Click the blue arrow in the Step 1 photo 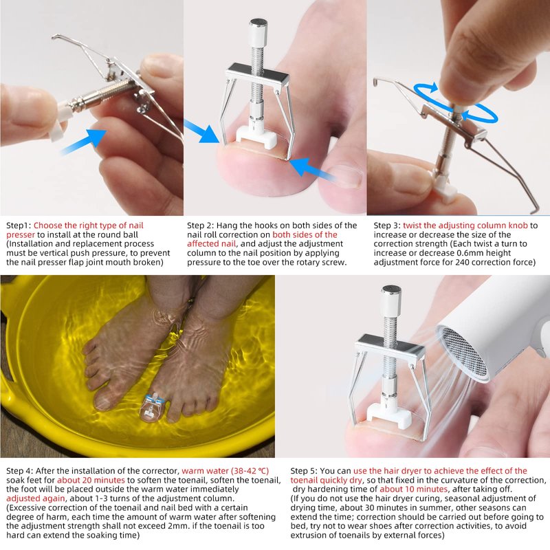[x=84, y=141]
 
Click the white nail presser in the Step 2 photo [x=256, y=135]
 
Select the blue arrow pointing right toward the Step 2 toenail [x=201, y=131]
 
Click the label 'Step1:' [x=19, y=225]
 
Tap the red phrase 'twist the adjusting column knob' [x=465, y=225]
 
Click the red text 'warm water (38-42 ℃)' [x=225, y=471]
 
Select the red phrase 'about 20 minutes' [x=91, y=480]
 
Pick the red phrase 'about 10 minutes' [x=414, y=489]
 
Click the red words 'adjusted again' [x=36, y=498]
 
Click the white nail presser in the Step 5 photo [x=388, y=416]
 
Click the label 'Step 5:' [x=304, y=471]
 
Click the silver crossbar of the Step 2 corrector [x=258, y=74]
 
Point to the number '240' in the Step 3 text [x=460, y=262]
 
